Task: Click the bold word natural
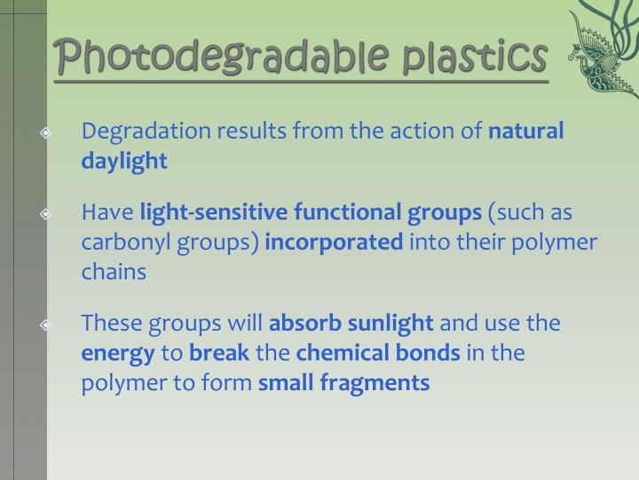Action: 526,132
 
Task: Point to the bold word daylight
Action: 124,161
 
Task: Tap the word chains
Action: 114,272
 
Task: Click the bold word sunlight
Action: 390,324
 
